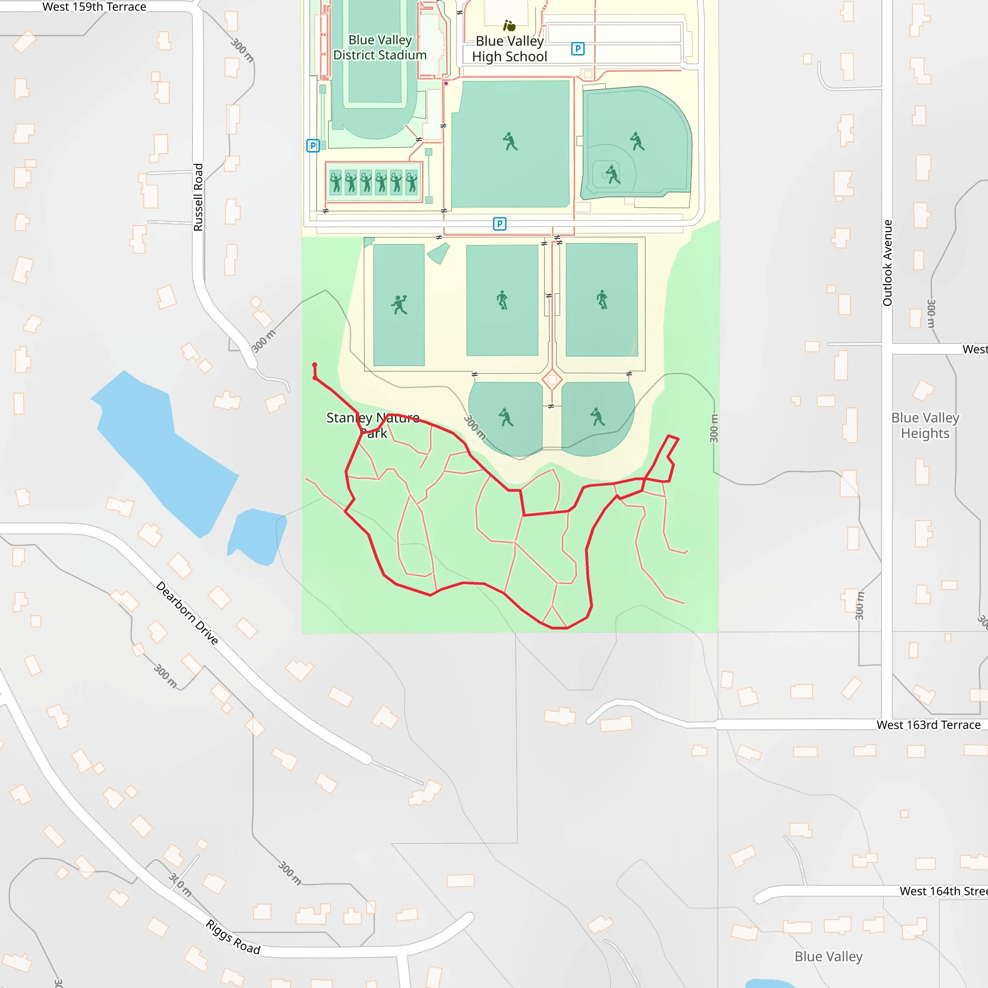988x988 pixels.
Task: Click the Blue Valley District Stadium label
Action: (x=380, y=48)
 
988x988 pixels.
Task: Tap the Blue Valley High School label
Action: (x=509, y=49)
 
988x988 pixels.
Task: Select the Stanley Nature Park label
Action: (x=373, y=425)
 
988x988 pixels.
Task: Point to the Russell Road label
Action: (x=198, y=197)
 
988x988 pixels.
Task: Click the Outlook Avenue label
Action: (x=887, y=263)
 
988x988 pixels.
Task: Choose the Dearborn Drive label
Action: (x=187, y=613)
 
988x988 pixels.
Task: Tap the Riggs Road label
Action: (x=233, y=937)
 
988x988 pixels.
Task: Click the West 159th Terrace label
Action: (x=94, y=7)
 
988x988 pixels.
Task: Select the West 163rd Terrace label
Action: (x=928, y=725)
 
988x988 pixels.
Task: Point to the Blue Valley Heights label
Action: (x=925, y=425)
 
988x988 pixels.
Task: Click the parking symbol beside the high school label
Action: (x=578, y=49)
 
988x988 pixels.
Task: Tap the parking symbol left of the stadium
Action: (x=313, y=146)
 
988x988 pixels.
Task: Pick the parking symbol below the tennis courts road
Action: (x=500, y=223)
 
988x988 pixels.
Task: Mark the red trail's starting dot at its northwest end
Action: (x=315, y=365)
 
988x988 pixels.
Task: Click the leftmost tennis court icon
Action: (x=336, y=182)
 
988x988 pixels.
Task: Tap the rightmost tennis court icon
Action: (x=412, y=182)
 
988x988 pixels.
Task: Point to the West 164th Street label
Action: (x=944, y=892)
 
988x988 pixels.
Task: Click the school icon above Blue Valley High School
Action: (x=509, y=26)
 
